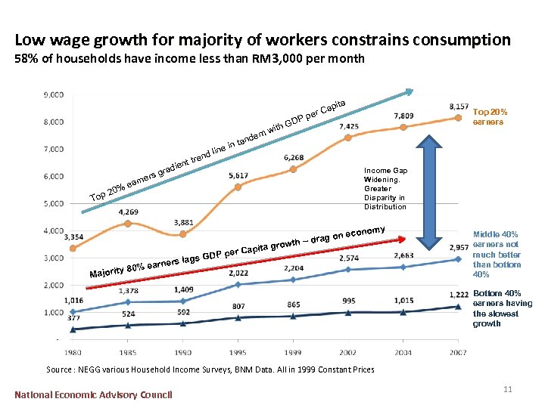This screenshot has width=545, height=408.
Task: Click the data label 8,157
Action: (458, 107)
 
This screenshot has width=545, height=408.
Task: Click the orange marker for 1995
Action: (238, 187)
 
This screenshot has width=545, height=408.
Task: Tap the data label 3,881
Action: (182, 222)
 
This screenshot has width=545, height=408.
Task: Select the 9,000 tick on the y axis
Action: (53, 95)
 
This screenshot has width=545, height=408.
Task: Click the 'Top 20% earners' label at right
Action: (489, 117)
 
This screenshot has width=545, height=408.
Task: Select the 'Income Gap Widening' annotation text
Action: (385, 189)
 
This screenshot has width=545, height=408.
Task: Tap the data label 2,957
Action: (459, 247)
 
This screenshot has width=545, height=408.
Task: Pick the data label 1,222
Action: (459, 293)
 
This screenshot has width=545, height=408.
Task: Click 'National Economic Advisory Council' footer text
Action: (94, 394)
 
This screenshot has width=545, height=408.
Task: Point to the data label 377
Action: (73, 318)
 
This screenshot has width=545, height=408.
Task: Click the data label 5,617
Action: (238, 175)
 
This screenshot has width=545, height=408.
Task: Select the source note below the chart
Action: (210, 369)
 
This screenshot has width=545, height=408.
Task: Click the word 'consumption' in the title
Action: (460, 40)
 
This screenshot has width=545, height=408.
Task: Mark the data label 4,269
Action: (127, 212)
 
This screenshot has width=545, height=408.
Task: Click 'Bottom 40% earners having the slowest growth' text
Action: (502, 308)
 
